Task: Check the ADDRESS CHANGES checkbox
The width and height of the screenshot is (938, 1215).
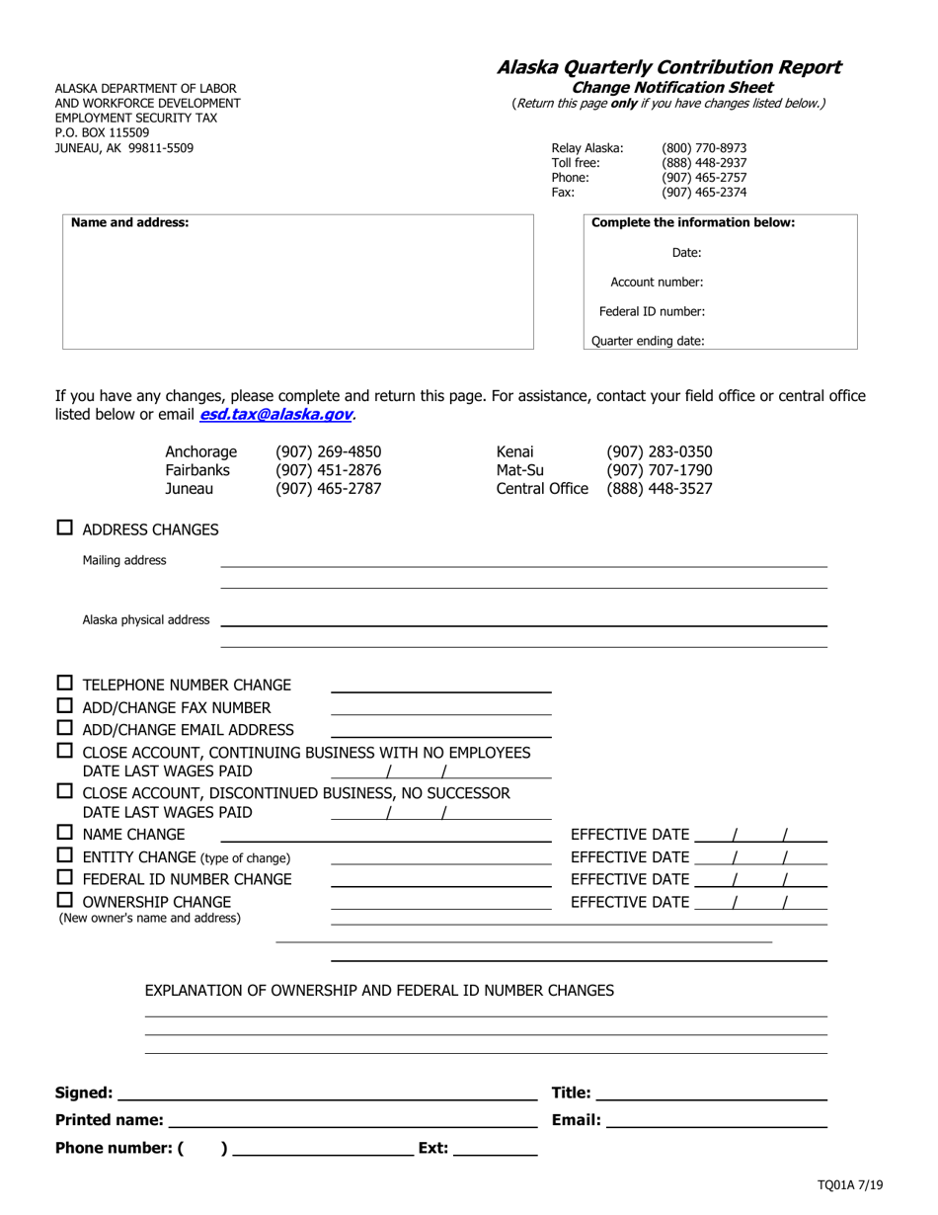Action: pos(64,528)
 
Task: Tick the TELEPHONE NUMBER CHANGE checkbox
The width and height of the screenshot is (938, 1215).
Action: pos(64,684)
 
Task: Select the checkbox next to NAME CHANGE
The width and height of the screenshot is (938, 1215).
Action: pos(64,833)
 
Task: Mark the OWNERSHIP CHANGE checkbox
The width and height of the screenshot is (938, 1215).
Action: pos(64,900)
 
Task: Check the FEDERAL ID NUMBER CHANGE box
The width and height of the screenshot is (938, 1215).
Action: pos(64,877)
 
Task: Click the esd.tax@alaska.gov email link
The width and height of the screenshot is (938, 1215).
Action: pos(275,415)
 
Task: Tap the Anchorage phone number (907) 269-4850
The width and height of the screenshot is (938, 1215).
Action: pos(328,452)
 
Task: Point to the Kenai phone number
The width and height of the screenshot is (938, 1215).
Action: pos(659,452)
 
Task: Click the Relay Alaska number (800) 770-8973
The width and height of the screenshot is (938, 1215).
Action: pos(704,148)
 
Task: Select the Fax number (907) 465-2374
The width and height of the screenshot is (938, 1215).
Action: pos(704,193)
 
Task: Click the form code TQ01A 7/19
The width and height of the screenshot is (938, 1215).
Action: pos(850,1185)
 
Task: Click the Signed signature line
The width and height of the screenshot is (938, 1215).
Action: pos(327,1093)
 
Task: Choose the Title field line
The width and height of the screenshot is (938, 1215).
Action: pos(712,1093)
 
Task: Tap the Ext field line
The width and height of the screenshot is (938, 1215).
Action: pos(496,1148)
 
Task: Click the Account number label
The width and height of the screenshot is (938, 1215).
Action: pos(657,283)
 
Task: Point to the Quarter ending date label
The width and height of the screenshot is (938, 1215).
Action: pos(648,342)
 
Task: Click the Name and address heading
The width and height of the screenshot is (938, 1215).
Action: pos(129,223)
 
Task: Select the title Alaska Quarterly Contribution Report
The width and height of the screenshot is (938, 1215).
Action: pos(668,67)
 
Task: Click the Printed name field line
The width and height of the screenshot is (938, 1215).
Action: pos(353,1120)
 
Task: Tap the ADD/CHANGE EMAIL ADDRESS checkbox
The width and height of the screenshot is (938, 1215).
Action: pos(64,728)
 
